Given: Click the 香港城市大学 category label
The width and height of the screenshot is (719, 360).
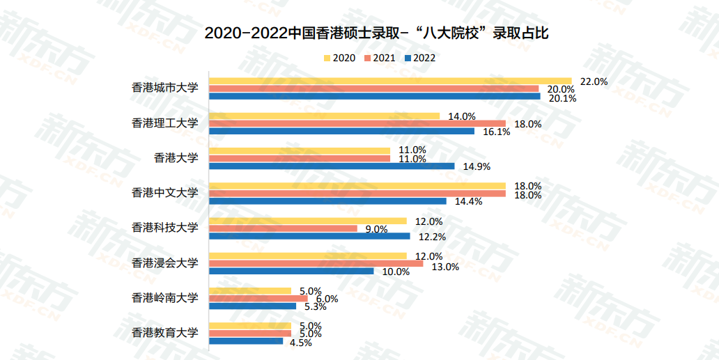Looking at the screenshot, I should point(165,88).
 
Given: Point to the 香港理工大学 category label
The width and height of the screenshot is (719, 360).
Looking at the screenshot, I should point(165,123).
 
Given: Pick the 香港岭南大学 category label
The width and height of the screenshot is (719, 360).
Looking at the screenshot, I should point(165,297).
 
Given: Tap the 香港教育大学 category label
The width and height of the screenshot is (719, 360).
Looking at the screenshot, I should point(165,332).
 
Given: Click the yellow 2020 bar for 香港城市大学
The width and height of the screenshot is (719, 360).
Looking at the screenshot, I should point(390,81).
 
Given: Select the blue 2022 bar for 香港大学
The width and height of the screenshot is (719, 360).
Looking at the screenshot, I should point(332,166).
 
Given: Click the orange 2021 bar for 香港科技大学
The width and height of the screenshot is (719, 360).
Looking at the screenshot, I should point(284,228).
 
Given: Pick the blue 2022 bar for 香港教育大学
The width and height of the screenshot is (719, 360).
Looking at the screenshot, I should point(247,341).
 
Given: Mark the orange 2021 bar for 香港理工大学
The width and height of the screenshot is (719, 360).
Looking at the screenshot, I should point(357,123).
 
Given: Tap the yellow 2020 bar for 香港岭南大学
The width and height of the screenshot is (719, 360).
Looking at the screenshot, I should point(251,290).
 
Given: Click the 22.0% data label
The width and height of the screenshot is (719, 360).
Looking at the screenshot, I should point(594,81).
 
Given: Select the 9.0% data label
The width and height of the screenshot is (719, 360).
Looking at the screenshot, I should point(376,229).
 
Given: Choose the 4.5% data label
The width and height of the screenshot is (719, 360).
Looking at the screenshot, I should point(300,341).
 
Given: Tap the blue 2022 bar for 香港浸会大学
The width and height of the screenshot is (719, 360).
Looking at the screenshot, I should point(291,271).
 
